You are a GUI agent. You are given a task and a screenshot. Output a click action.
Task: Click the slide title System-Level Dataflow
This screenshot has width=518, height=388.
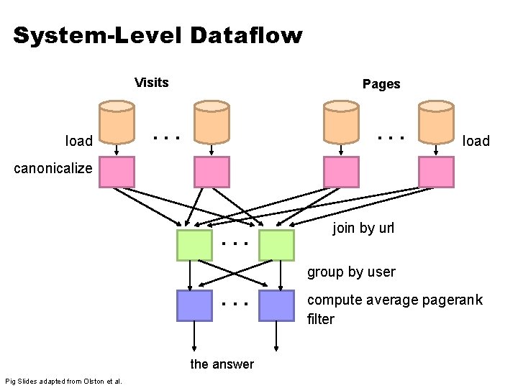(158, 35)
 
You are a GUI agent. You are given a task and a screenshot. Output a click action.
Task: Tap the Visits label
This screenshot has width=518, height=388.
(151, 82)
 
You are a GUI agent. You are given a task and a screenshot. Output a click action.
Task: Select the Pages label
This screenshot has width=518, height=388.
(381, 84)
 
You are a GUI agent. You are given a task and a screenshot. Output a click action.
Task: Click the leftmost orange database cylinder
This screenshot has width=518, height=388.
(117, 121)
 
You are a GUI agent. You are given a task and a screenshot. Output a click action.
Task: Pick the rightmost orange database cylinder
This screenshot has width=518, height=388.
(436, 121)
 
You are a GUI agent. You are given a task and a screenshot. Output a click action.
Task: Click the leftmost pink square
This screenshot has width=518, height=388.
(117, 172)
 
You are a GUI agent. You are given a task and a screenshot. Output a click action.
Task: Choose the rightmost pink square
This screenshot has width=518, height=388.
(436, 172)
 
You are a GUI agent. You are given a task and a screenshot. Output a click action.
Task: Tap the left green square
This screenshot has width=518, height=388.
(194, 245)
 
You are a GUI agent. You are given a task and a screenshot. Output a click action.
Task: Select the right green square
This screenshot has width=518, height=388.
(276, 245)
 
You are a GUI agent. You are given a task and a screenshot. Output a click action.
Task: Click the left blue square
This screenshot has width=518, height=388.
(194, 305)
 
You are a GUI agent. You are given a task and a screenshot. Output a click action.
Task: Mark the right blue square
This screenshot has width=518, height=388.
(276, 305)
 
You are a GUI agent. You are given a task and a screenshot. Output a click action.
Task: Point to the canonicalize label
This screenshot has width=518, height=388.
(48, 168)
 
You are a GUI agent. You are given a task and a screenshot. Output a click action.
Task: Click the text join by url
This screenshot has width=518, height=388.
(363, 228)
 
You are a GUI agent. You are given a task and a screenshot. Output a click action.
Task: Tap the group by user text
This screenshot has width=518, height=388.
(351, 272)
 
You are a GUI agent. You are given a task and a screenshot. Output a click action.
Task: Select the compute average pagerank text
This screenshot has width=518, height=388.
(394, 300)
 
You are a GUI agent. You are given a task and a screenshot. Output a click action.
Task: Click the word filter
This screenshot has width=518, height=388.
(320, 319)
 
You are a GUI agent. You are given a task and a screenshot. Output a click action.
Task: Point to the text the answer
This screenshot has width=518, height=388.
(222, 364)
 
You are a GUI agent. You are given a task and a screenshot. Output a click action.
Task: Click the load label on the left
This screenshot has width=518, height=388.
(78, 141)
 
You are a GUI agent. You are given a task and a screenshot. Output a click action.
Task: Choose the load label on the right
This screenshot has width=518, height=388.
(476, 141)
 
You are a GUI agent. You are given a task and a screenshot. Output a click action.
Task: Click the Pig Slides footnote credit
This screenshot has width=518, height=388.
(63, 380)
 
